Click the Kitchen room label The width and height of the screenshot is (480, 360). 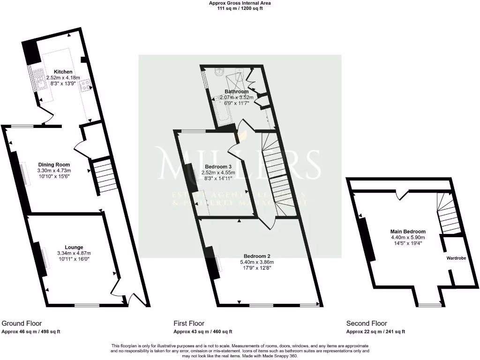coord(63,72)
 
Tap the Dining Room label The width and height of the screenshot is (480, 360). coord(54,165)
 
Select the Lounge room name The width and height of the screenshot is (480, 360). coord(74,247)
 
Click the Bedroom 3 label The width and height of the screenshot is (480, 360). coord(218,166)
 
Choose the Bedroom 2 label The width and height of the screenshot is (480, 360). coord(256,256)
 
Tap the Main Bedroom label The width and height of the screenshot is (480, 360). coord(408,232)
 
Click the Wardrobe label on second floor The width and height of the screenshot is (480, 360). coord(456,257)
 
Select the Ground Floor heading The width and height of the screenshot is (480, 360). coord(22,323)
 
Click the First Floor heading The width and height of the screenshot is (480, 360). coord(189,323)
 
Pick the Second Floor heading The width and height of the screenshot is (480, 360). coord(367,323)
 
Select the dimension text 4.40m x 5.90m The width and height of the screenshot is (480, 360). coord(408,237)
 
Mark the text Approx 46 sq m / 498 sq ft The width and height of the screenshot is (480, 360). coord(31,331)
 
